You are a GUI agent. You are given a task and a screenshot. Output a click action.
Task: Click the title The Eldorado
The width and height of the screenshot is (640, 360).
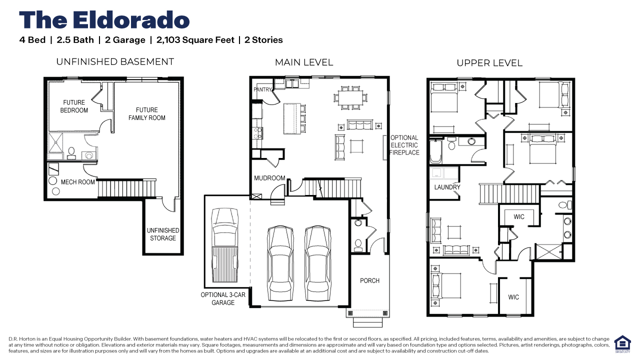[x=104, y=20]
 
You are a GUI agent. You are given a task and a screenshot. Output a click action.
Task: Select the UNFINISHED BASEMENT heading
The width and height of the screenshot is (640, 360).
[x=115, y=62]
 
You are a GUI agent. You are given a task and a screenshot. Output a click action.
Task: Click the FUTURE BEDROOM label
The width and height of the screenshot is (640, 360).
[x=74, y=106]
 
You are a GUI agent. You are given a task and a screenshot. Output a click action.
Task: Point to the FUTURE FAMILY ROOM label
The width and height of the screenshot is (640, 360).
[x=146, y=114]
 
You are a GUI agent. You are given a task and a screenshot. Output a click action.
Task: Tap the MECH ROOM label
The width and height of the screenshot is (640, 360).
[x=77, y=182]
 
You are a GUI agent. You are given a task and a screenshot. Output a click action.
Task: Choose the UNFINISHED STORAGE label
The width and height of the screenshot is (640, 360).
[x=163, y=234]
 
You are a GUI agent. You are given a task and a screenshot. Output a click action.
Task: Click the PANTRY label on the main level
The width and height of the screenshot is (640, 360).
[x=262, y=90]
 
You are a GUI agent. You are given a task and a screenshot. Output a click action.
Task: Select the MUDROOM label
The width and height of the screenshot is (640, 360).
[x=269, y=178]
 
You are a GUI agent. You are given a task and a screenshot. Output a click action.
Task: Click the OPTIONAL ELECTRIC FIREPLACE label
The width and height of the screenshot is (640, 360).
[x=404, y=145]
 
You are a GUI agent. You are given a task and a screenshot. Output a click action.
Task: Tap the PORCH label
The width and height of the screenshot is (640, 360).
[x=369, y=280]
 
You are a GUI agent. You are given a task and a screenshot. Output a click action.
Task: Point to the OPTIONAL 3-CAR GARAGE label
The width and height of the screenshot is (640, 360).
[x=223, y=298]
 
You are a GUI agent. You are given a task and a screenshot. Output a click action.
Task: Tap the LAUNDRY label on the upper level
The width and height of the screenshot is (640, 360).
[x=447, y=187]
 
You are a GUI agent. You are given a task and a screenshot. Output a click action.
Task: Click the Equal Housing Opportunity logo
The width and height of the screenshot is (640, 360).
[x=622, y=344]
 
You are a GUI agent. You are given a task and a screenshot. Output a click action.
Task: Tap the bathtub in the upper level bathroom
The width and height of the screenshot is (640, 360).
[x=435, y=150]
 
